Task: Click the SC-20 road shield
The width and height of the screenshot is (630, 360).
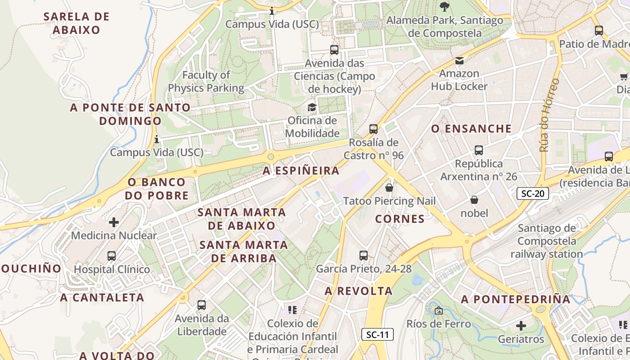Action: pyautogui.click(x=532, y=194)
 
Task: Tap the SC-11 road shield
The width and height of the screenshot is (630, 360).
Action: pyautogui.click(x=378, y=334)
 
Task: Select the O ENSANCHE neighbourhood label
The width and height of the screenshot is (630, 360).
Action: pyautogui.click(x=472, y=129)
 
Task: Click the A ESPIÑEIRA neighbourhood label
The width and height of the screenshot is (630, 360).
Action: pyautogui.click(x=301, y=171)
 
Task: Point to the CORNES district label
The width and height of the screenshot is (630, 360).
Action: pyautogui.click(x=400, y=219)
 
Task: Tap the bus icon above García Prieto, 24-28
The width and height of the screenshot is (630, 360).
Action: pyautogui.click(x=364, y=256)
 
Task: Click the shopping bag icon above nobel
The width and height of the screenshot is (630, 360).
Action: pyautogui.click(x=474, y=200)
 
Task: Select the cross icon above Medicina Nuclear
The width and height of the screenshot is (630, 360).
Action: pyautogui.click(x=114, y=222)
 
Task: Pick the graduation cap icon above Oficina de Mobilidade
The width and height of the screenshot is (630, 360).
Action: pyautogui.click(x=312, y=107)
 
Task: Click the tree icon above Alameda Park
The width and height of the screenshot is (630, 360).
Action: pyautogui.click(x=445, y=7)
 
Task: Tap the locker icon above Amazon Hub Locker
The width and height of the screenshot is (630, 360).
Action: pyautogui.click(x=459, y=60)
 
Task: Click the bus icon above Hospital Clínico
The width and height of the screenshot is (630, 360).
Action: pyautogui.click(x=112, y=256)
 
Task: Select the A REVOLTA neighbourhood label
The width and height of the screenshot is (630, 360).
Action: pyautogui.click(x=359, y=291)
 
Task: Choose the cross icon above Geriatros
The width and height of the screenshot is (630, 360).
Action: pyautogui.click(x=521, y=325)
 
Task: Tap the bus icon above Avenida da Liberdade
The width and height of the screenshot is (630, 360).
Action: pyautogui.click(x=202, y=305)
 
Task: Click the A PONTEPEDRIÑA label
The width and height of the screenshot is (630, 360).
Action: pyautogui.click(x=515, y=299)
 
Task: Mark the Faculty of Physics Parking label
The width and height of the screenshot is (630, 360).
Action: pyautogui.click(x=206, y=81)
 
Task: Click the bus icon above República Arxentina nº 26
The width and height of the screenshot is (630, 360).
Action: pyautogui.click(x=479, y=150)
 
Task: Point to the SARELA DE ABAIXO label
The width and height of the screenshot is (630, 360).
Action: pyautogui.click(x=76, y=23)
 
